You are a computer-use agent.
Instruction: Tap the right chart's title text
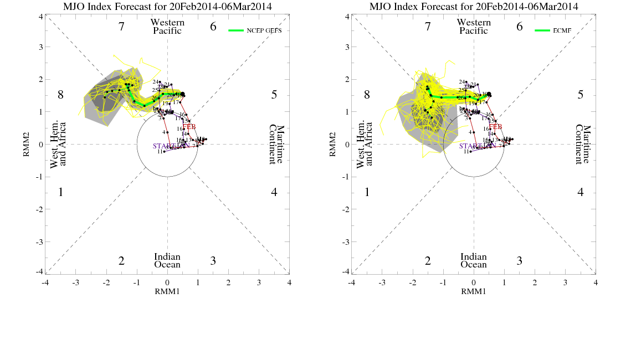coord(474,7)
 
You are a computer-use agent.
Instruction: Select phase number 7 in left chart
coord(121,27)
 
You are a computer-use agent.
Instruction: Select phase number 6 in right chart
coord(519,27)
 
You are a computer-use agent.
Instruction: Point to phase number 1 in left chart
coord(60,193)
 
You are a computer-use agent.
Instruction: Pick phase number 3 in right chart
coord(519,261)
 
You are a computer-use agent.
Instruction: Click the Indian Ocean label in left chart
coord(167,260)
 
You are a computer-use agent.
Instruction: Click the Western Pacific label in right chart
coord(474,27)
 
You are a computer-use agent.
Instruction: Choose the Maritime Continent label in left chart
coord(273,144)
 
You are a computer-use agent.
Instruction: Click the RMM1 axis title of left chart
coord(167,291)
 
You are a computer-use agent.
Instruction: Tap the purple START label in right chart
coord(470,146)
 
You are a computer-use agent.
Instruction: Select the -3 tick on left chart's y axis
coord(39,242)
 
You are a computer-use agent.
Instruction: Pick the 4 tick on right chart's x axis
coord(596,282)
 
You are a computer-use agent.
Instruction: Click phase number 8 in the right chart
coord(367,95)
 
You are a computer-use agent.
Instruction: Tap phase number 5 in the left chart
coord(274,95)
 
